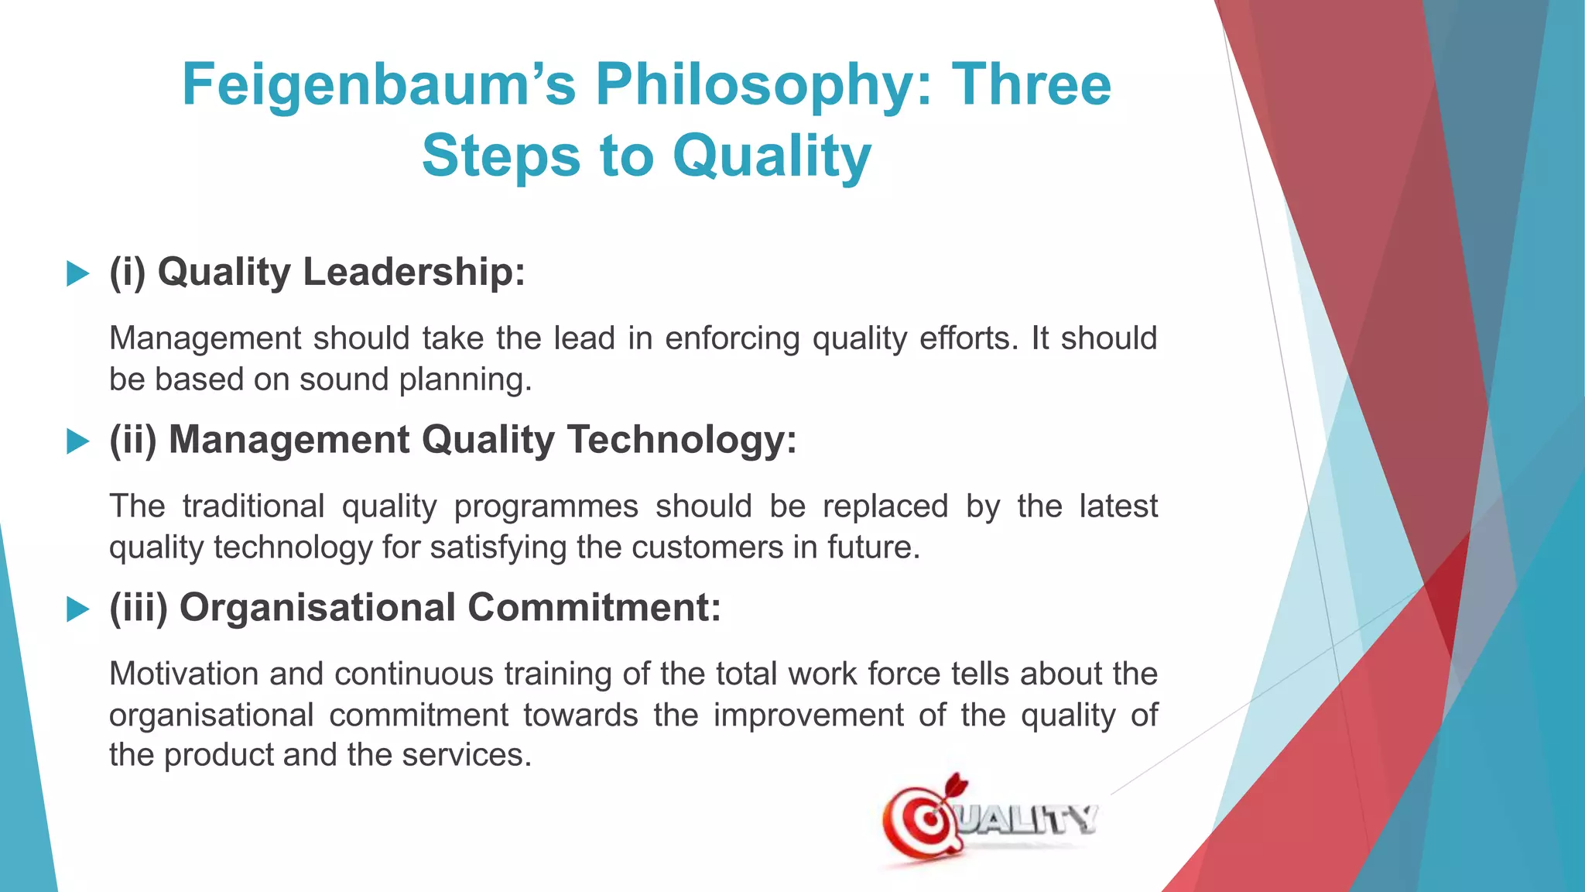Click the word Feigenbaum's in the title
click(x=379, y=85)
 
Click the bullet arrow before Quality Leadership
click(x=78, y=273)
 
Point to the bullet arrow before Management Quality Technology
click(x=78, y=441)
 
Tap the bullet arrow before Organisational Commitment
click(x=78, y=609)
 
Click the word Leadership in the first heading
click(x=414, y=273)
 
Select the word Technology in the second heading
click(x=682, y=440)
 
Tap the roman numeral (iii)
click(x=139, y=608)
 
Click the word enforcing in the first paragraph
click(x=731, y=339)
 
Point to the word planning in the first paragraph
click(x=465, y=380)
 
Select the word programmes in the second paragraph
click(x=546, y=507)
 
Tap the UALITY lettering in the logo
click(x=1029, y=819)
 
